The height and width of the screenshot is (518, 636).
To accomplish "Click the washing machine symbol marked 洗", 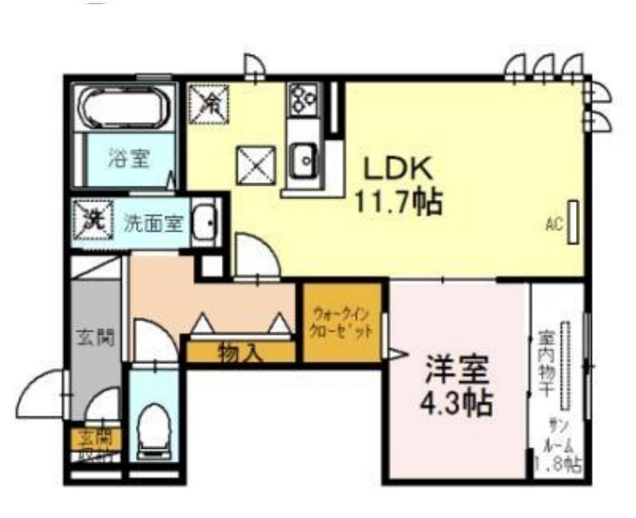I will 94,220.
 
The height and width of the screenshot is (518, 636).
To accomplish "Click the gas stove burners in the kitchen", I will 303,98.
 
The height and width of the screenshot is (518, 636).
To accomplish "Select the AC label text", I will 552,223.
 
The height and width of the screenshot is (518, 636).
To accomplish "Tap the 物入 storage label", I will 240,353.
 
